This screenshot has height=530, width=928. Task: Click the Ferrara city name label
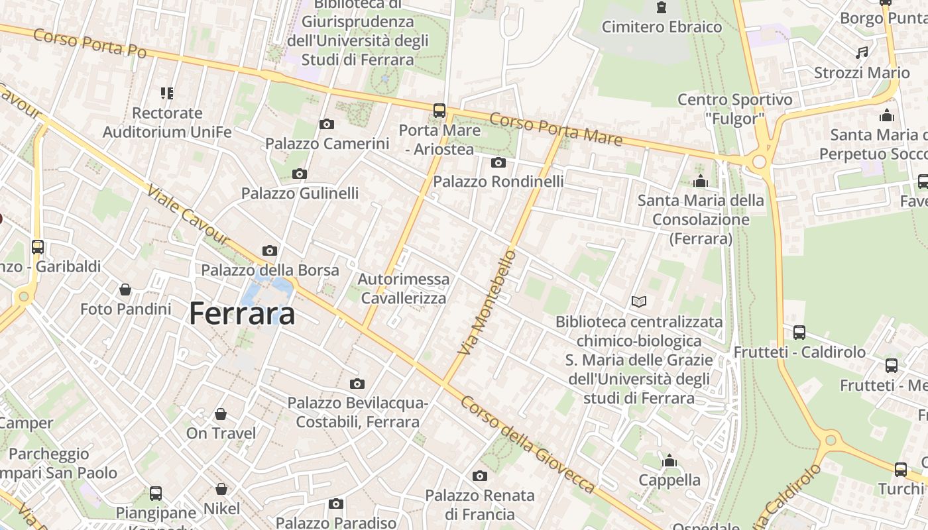click(242, 313)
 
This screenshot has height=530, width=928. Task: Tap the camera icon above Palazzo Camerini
click(326, 124)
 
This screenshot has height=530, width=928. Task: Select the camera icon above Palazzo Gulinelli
click(300, 174)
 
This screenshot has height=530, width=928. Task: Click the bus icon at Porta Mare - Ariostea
click(439, 111)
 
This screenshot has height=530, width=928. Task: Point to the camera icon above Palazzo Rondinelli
click(498, 162)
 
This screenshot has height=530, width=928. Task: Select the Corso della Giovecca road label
click(528, 445)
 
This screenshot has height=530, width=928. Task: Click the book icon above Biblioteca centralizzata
click(639, 302)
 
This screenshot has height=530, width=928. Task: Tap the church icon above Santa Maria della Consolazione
click(701, 181)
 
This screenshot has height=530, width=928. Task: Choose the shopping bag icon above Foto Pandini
click(125, 290)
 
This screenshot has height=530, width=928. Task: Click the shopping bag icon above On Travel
click(221, 414)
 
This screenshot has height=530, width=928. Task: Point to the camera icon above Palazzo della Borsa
click(270, 250)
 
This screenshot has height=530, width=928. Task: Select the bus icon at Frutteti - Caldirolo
click(799, 333)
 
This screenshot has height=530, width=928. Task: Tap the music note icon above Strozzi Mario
click(862, 52)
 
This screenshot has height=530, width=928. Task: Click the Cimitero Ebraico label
click(662, 27)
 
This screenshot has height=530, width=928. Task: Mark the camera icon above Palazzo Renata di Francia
click(480, 476)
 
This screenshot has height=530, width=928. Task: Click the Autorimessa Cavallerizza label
click(404, 289)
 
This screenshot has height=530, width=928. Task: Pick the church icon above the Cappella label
click(669, 460)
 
